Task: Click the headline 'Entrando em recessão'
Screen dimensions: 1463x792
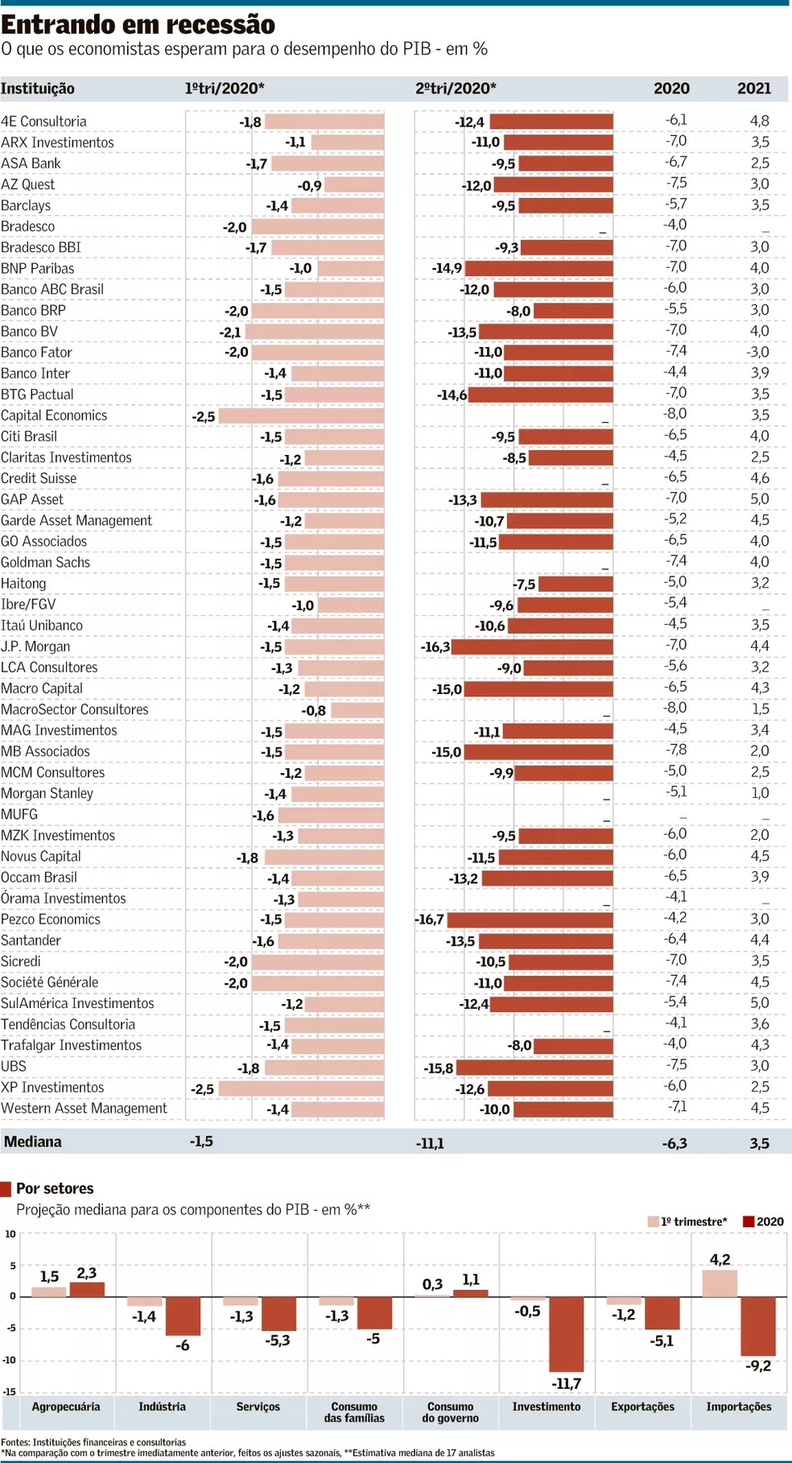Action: pos(138,24)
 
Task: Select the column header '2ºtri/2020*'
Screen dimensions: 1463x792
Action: pos(456,89)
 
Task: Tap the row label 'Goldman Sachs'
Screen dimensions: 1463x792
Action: pos(45,562)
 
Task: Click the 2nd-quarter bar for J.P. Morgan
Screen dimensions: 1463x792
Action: pos(532,647)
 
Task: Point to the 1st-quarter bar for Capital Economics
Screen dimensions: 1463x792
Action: pos(301,415)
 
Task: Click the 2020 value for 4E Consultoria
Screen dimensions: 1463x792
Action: pos(675,120)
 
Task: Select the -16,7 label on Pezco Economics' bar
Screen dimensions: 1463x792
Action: pos(430,920)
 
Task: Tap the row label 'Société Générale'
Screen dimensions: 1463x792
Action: pos(49,982)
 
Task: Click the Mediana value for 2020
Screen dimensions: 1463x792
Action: pos(674,1143)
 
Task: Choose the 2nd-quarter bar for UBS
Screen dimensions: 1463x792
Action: pos(534,1067)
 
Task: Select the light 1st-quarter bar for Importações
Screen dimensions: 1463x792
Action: pos(720,1283)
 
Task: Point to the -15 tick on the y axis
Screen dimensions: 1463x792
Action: pos(10,1391)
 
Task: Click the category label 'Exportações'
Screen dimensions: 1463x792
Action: pos(642,1407)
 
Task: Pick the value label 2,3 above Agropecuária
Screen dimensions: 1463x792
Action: pos(87,1273)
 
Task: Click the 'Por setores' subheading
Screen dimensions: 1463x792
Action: pos(55,1188)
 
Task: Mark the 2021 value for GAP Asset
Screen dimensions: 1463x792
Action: pos(759,499)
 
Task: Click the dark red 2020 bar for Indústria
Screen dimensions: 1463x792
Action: pos(183,1316)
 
